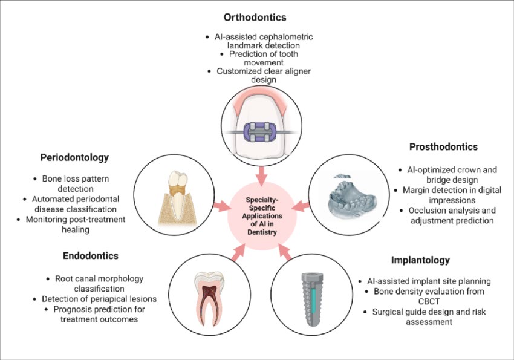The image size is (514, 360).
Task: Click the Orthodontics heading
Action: (255, 18)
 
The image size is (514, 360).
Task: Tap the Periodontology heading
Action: (74, 158)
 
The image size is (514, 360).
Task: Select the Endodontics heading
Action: (91, 256)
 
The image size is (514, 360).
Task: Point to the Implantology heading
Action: (421, 260)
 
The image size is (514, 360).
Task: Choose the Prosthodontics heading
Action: (443, 147)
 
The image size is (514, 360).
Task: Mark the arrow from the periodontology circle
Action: (223, 206)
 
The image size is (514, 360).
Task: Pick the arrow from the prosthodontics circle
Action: (301, 206)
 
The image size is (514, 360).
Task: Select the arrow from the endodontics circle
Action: (239, 252)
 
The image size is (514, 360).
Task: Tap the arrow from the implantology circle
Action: (285, 252)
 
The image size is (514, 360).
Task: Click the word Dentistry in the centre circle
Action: (262, 232)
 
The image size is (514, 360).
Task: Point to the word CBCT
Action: (429, 301)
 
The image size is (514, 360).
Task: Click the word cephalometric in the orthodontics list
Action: (287, 37)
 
